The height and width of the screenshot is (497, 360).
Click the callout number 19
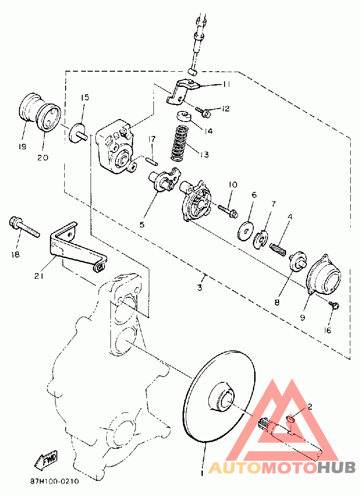23,147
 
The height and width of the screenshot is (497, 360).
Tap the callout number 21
39,276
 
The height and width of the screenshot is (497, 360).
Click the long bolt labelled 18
24,227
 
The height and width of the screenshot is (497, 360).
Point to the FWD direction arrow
46,460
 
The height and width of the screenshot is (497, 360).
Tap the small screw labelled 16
334,305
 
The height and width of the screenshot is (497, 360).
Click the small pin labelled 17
152,160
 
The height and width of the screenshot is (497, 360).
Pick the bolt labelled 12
203,111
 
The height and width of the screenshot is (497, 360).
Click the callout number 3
200,288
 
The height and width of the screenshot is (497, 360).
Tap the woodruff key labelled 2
291,419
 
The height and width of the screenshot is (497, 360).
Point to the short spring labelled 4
279,249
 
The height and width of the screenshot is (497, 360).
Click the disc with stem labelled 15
78,134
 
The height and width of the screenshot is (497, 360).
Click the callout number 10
233,184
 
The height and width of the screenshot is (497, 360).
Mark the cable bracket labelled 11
182,92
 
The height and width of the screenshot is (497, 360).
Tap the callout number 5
142,224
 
